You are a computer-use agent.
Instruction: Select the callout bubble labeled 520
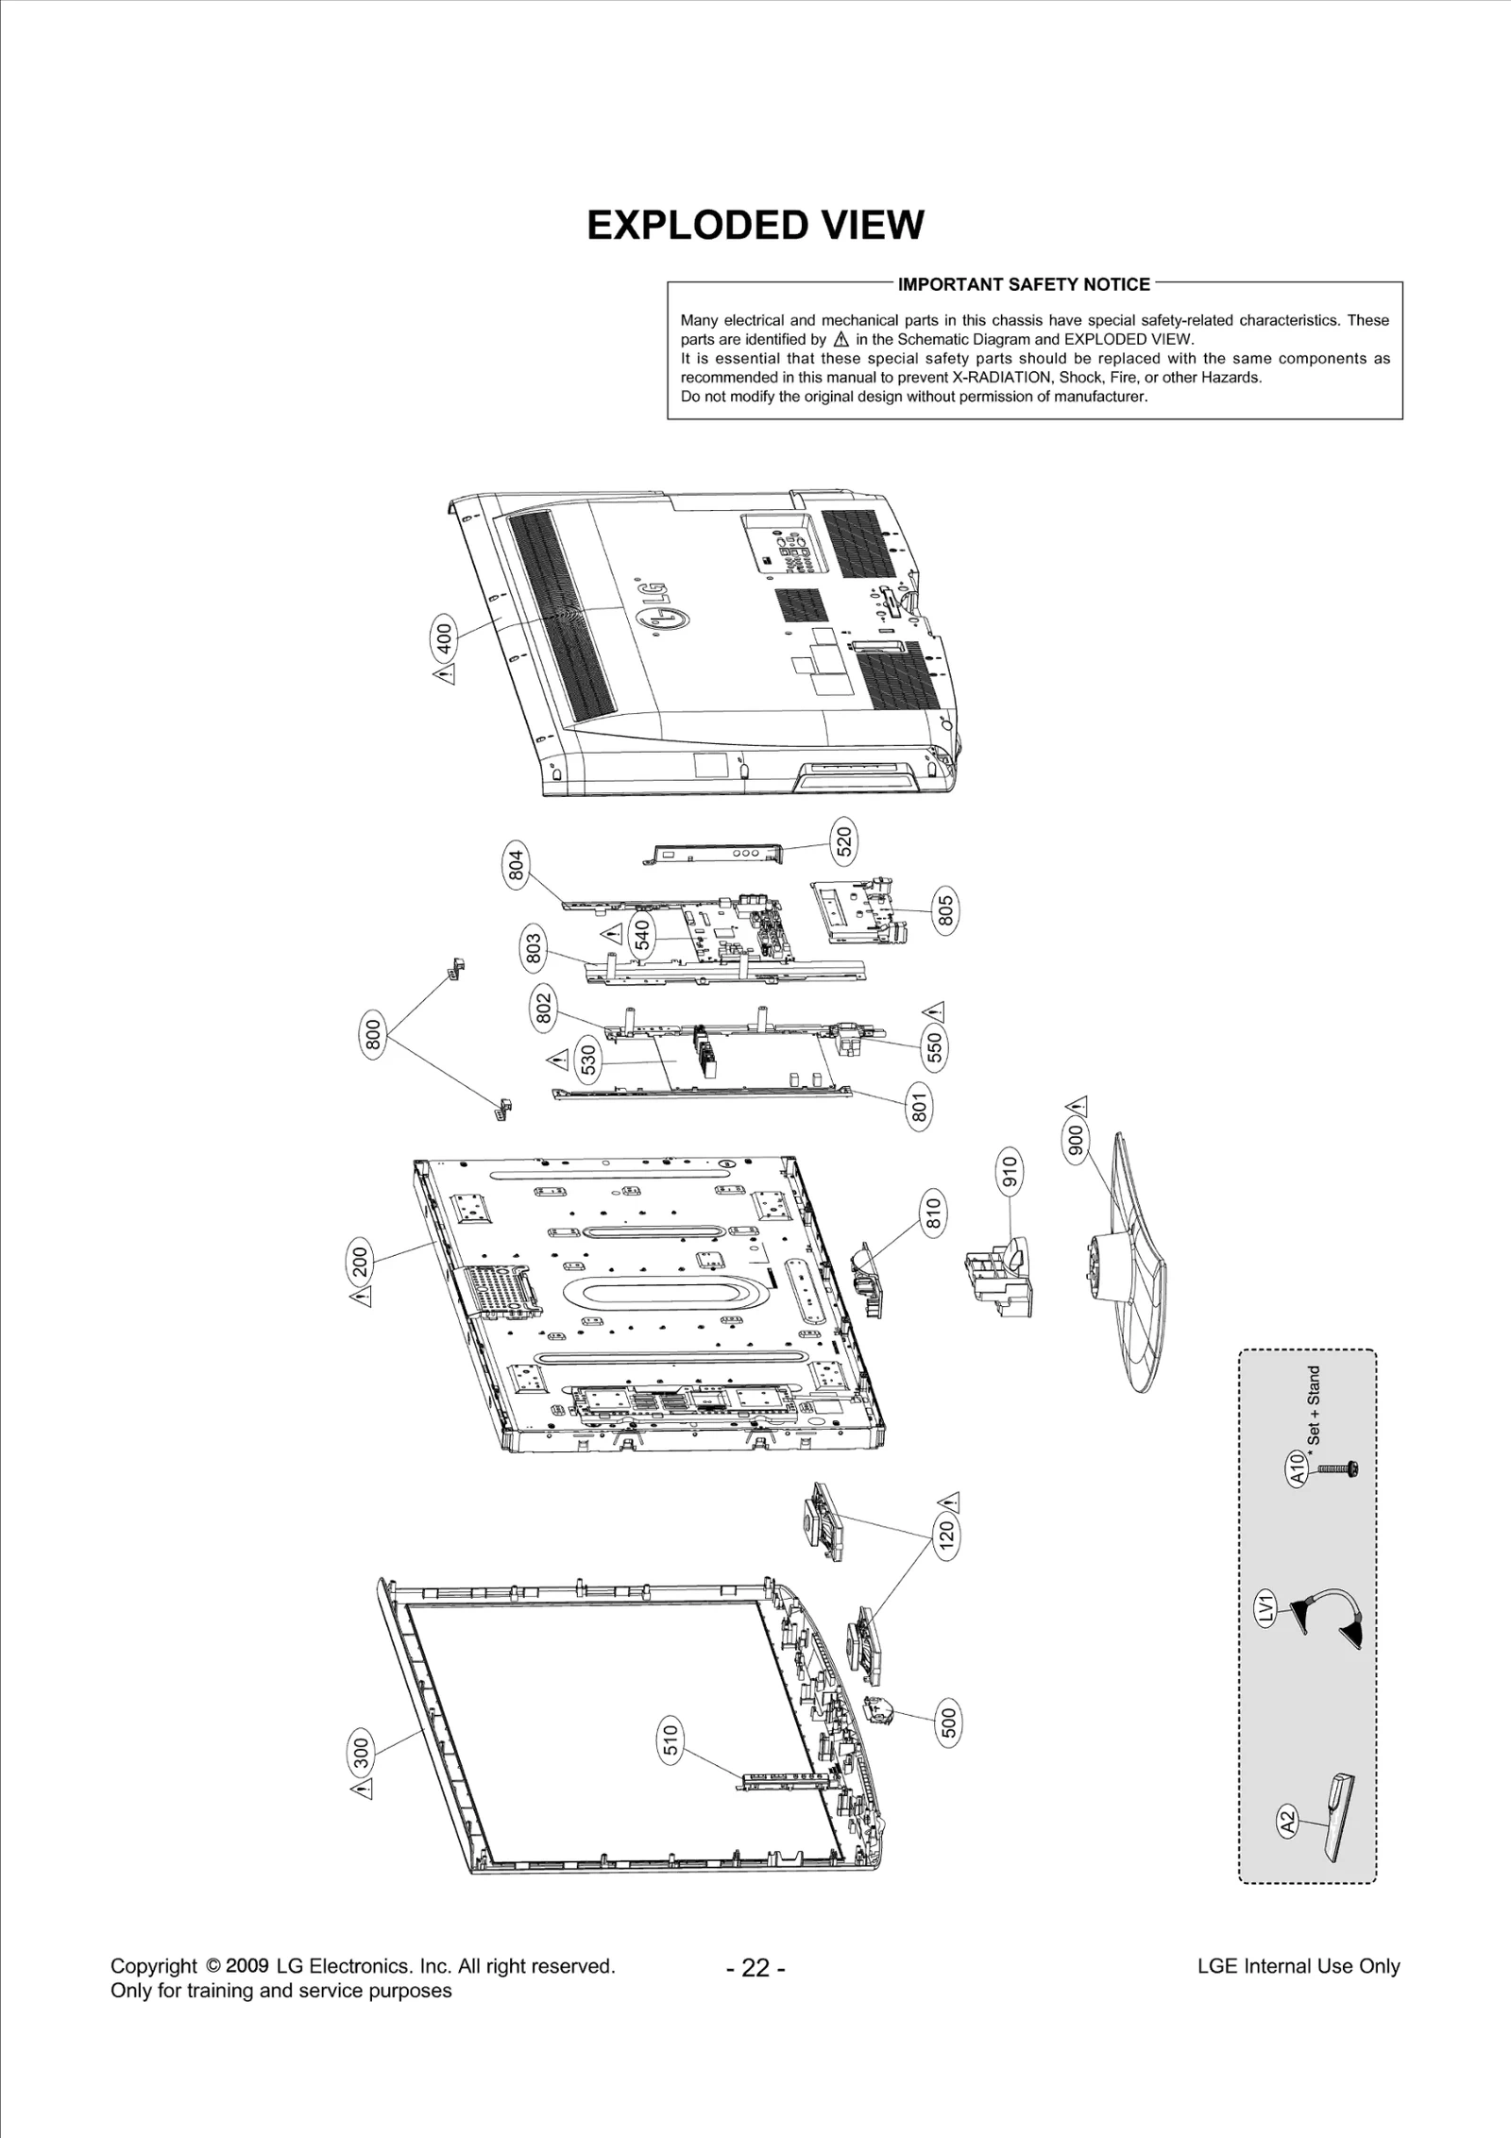pyautogui.click(x=843, y=840)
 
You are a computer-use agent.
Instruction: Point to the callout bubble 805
pyautogui.click(x=944, y=909)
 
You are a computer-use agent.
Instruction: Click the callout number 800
pyautogui.click(x=373, y=1035)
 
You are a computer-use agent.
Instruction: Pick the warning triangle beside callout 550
pyautogui.click(x=936, y=1013)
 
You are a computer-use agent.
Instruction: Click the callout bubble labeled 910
pyautogui.click(x=1010, y=1171)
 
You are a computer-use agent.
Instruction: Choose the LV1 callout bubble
pyautogui.click(x=1267, y=1606)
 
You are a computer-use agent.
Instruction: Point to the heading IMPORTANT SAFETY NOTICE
pyautogui.click(x=1024, y=284)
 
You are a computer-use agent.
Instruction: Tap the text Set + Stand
pyautogui.click(x=1315, y=1407)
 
